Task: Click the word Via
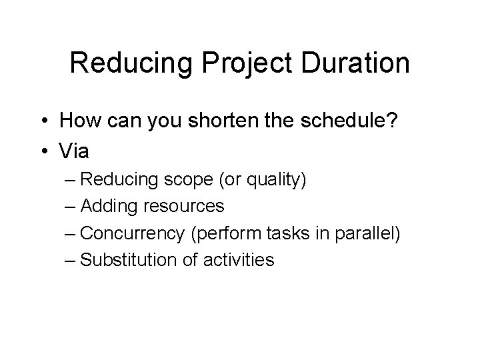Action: [x=74, y=153]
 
